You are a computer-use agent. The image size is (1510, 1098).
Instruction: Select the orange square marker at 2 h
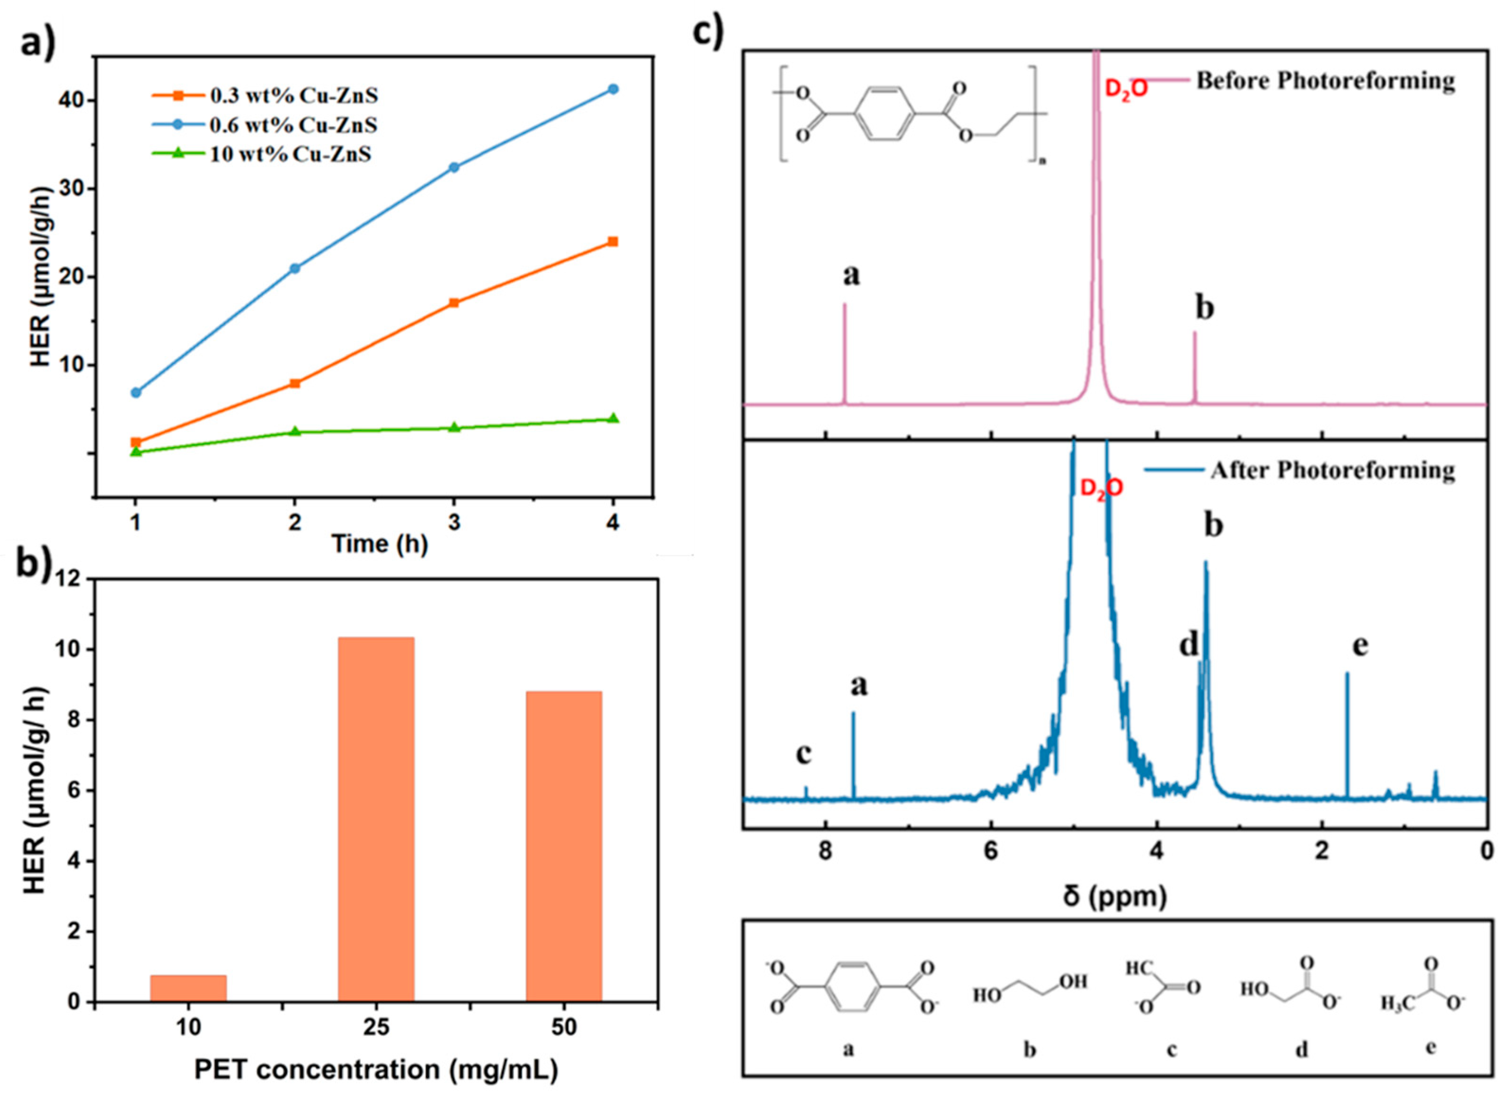click(x=295, y=383)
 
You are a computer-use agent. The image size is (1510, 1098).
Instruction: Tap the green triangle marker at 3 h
click(x=454, y=427)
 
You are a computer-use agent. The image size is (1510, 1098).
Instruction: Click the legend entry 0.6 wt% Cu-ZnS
click(x=293, y=125)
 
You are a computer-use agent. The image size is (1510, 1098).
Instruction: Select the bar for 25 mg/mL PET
click(x=376, y=820)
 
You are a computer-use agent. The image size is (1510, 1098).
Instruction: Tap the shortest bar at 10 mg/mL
click(x=188, y=988)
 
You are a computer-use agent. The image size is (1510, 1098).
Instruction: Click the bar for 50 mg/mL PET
click(x=564, y=846)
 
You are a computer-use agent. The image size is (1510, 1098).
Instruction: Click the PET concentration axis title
click(x=376, y=1070)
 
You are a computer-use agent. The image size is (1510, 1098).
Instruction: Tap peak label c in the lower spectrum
click(x=804, y=754)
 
